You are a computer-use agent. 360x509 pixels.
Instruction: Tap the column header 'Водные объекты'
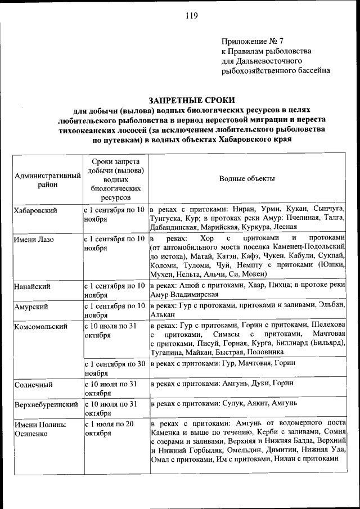[247, 179]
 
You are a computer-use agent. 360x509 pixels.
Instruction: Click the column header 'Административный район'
[47, 179]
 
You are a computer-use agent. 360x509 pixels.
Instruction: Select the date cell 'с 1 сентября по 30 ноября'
[115, 368]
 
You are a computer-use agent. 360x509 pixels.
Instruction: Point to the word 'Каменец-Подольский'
[311, 246]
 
